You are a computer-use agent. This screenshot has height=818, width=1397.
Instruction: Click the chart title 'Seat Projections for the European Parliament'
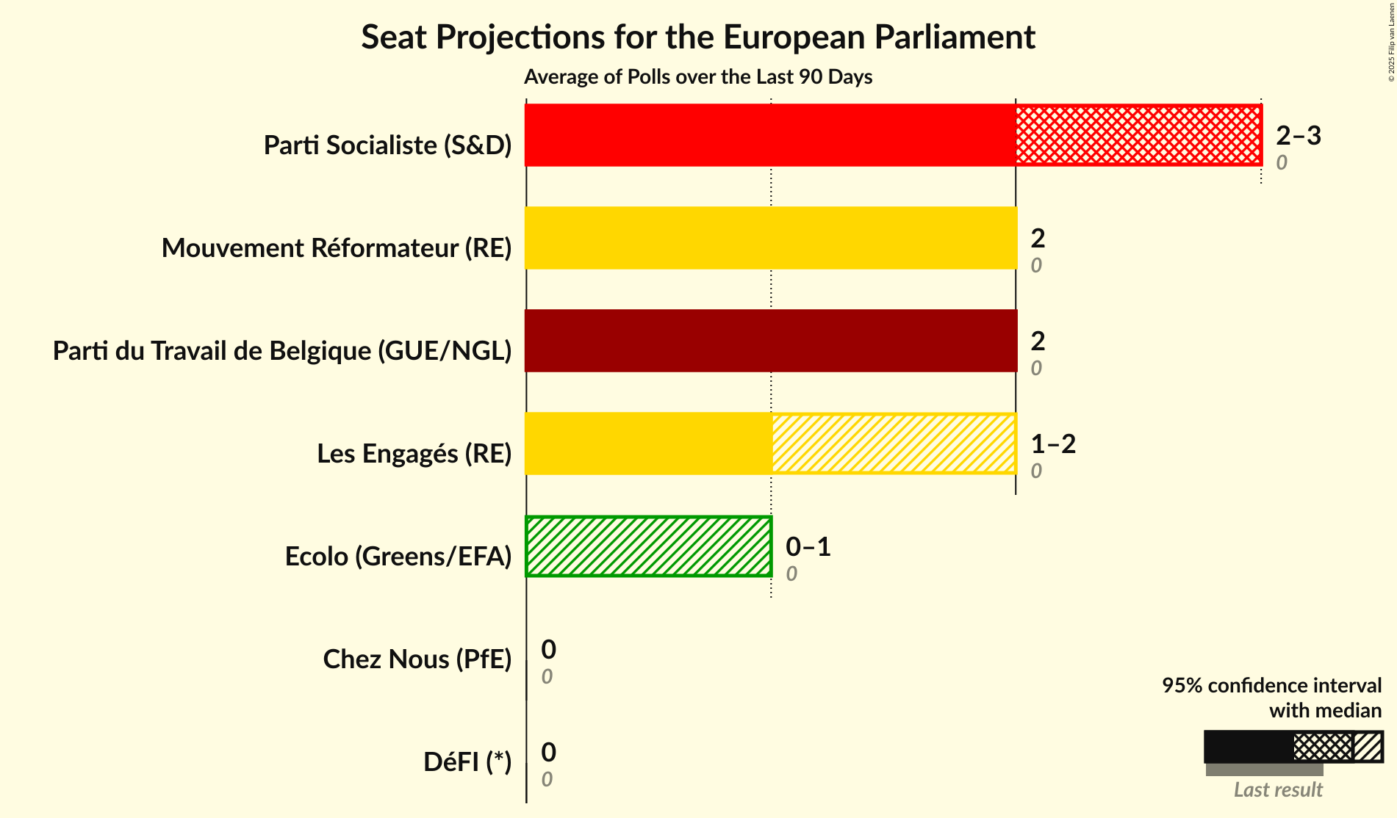point(697,37)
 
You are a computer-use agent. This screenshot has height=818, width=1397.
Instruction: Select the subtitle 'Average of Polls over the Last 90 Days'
point(697,77)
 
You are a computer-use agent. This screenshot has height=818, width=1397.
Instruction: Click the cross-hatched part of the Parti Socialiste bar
point(1138,135)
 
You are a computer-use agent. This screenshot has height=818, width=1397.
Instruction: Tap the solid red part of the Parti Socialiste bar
point(770,135)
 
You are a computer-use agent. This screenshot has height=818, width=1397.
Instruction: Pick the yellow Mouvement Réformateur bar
point(770,238)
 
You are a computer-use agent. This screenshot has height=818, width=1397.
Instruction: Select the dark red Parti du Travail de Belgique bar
point(770,341)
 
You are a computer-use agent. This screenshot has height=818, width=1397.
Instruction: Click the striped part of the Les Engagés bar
point(893,444)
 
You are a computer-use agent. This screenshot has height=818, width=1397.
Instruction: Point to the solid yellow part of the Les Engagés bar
point(648,444)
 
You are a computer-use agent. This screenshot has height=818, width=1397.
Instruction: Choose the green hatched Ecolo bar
point(648,546)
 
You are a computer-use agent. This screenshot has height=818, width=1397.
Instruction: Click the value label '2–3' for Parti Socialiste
point(1299,135)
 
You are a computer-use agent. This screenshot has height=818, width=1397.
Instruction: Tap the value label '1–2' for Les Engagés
point(1053,444)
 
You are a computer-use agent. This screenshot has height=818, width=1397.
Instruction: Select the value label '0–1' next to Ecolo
point(808,546)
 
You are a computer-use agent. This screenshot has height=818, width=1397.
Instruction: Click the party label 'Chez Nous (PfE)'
point(417,659)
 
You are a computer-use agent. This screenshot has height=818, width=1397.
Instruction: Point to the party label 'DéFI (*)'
point(467,762)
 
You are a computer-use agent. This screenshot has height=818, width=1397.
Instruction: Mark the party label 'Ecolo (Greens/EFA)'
point(398,557)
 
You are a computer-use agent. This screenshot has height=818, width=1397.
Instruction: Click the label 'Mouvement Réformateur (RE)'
point(336,248)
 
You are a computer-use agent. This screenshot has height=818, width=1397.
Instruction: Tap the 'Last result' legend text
point(1278,789)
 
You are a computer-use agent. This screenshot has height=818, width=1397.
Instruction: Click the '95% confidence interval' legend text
point(1271,685)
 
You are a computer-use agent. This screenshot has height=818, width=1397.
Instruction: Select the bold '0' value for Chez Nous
point(548,649)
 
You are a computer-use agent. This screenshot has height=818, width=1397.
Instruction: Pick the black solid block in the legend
point(1249,747)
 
